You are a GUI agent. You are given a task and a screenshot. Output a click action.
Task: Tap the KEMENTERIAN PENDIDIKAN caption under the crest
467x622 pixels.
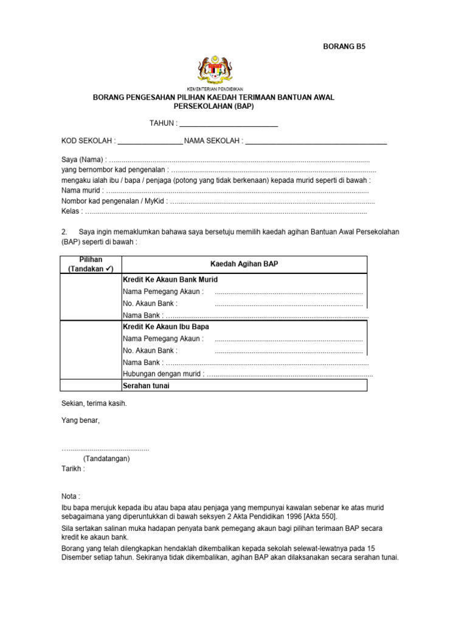coord(215,89)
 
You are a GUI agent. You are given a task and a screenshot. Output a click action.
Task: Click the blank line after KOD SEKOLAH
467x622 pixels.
coord(150,142)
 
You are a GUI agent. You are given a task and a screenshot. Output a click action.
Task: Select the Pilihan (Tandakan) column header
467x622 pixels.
coord(91,264)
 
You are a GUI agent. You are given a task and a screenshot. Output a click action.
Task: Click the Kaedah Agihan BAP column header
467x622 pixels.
coord(244,264)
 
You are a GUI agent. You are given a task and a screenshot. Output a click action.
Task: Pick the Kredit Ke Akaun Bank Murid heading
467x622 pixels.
coord(170,279)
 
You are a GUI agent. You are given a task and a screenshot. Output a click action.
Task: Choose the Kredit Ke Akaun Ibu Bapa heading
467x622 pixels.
coord(166,327)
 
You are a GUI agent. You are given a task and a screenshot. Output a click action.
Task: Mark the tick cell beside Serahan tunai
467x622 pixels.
coord(91,386)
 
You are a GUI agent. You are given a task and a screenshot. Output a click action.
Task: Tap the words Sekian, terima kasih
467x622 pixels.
coord(94,403)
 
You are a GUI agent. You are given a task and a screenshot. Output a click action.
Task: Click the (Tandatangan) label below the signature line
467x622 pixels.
coord(106,459)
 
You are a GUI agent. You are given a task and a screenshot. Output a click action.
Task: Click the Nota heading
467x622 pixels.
coord(71,496)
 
